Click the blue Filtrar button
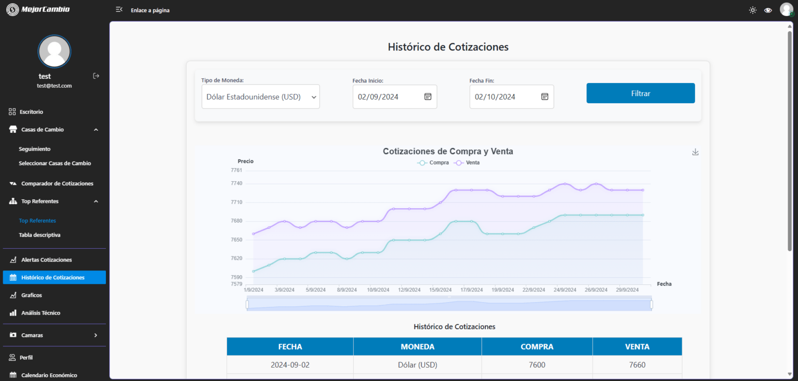[641, 93]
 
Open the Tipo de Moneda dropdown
[260, 97]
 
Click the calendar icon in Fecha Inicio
[428, 97]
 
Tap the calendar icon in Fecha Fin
[544, 97]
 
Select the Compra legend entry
[433, 162]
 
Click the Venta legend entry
[467, 162]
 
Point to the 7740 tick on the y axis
[236, 183]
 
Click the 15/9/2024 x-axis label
[441, 290]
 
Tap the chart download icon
[696, 152]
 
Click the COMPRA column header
[537, 347]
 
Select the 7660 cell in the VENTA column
[637, 365]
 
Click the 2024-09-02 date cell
[290, 365]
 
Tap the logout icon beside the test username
[96, 76]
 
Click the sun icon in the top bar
[752, 10]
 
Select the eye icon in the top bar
[768, 10]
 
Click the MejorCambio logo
[38, 10]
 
